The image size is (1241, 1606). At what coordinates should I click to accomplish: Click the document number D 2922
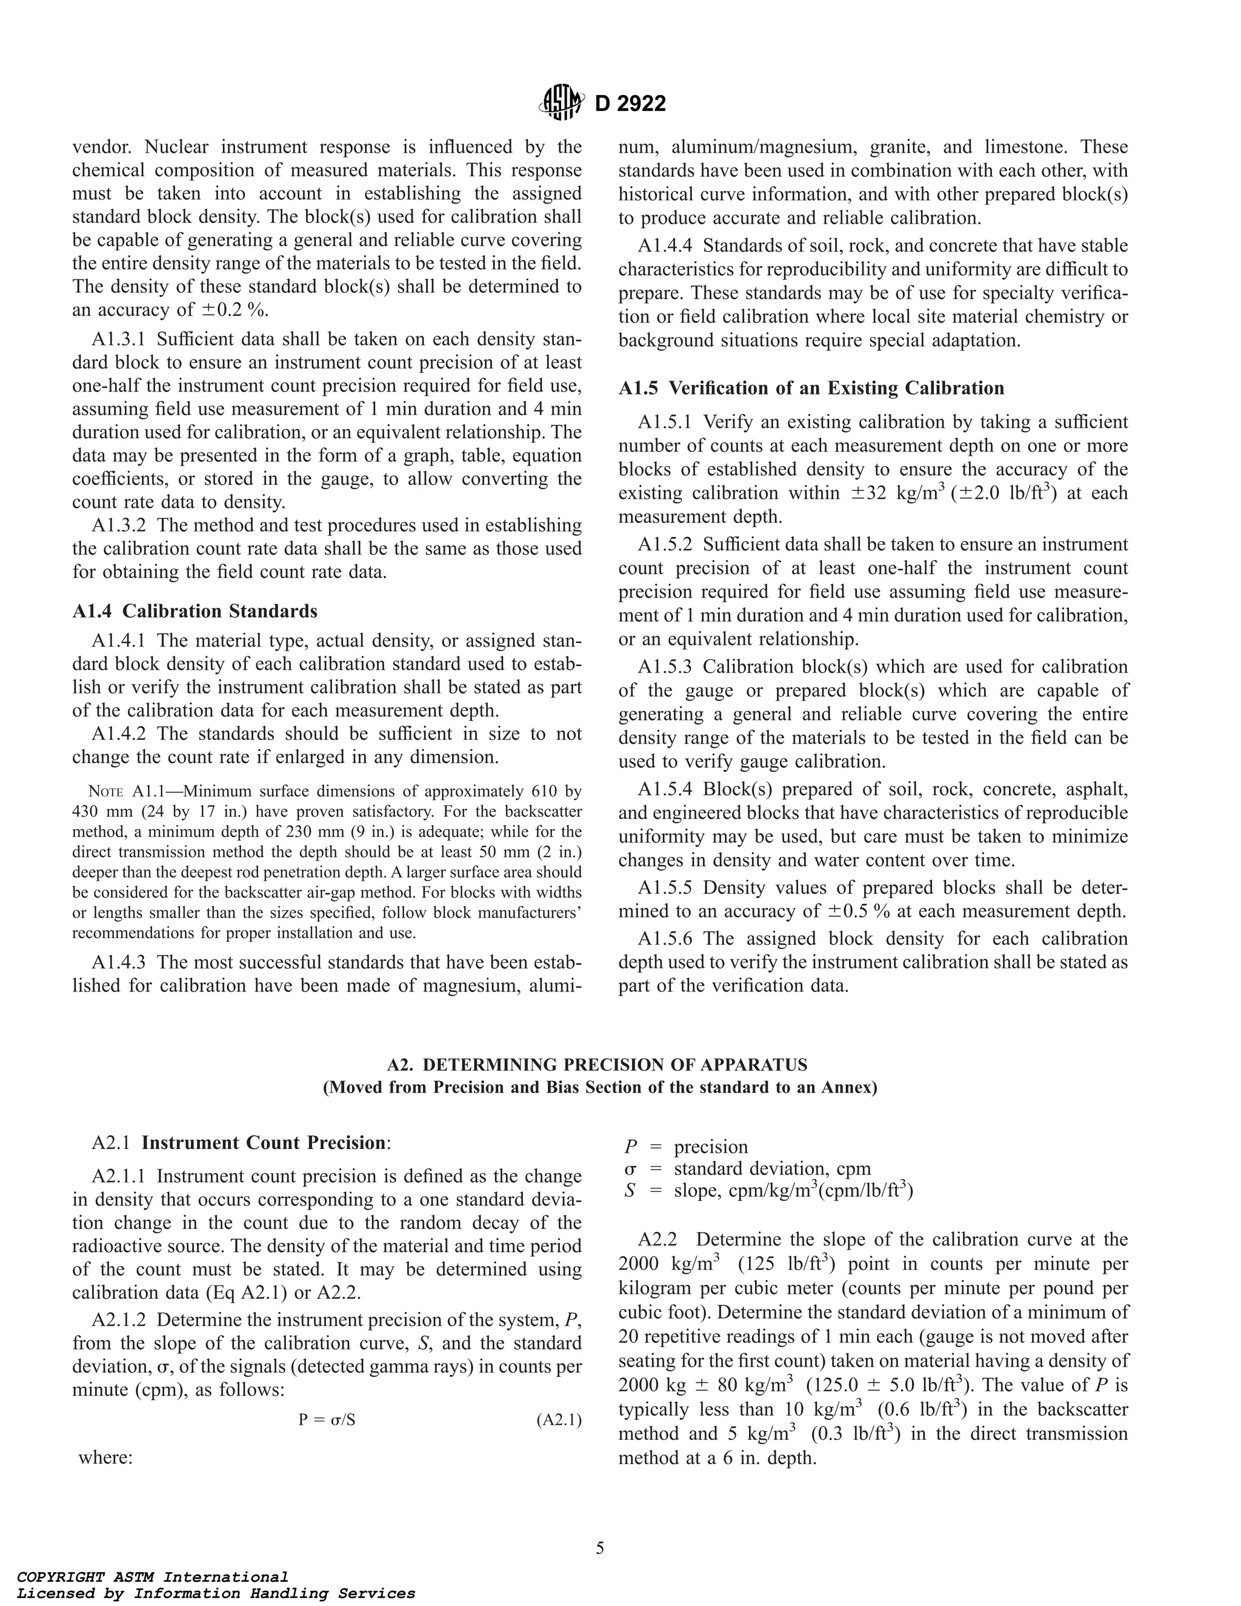point(630,104)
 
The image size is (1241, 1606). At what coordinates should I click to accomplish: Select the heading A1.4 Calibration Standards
point(195,611)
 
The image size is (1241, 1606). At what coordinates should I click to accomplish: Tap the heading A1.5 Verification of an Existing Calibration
point(811,388)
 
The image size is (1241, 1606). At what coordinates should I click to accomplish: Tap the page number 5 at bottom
point(600,1548)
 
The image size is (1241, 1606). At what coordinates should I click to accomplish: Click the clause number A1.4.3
point(121,962)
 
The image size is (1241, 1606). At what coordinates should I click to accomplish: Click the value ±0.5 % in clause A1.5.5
point(859,912)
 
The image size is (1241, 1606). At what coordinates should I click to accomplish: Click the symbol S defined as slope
point(630,1190)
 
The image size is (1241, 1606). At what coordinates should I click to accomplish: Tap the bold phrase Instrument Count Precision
point(263,1144)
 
